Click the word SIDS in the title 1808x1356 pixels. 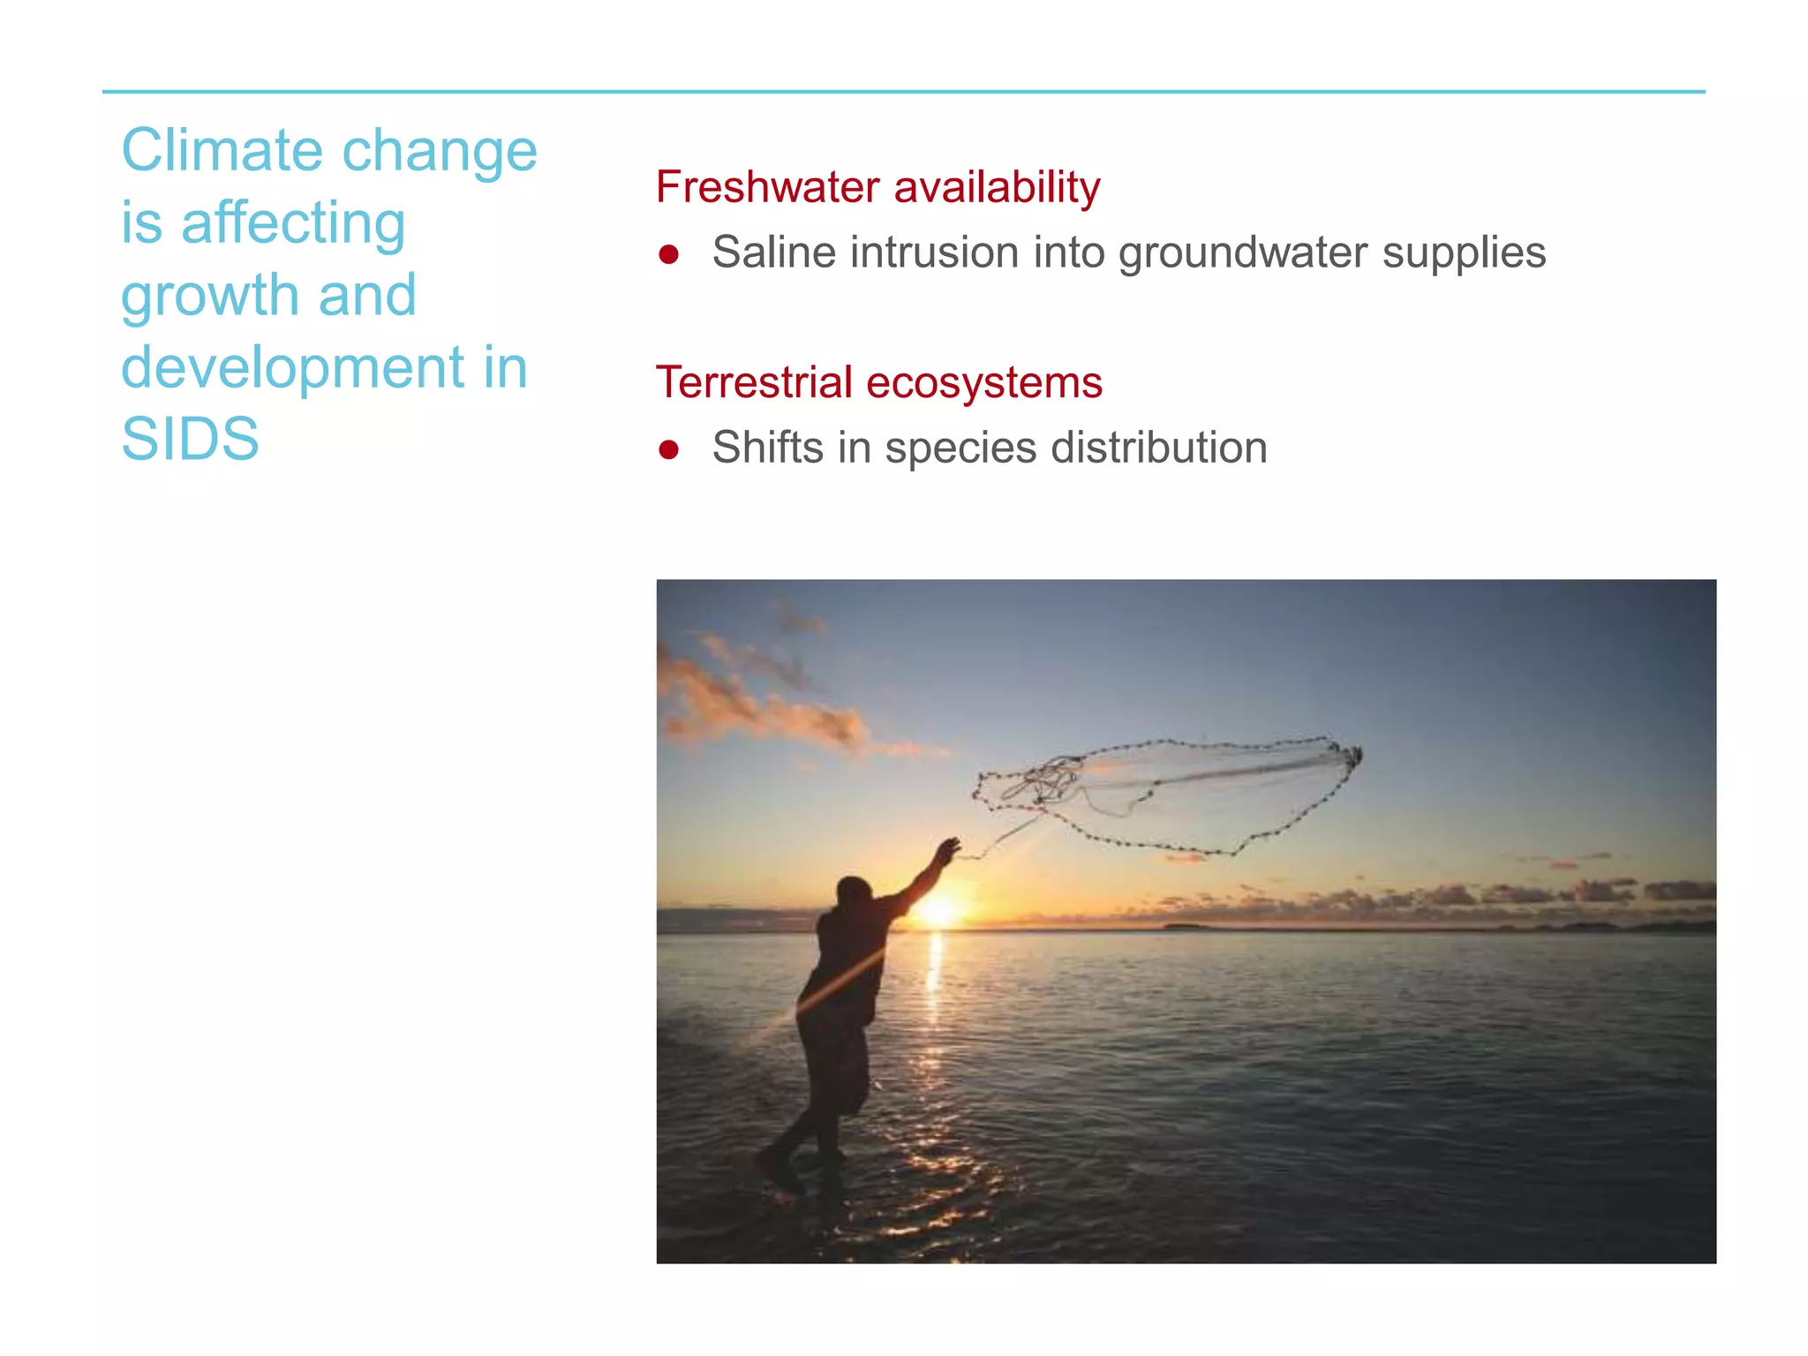click(190, 439)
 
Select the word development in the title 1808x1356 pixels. click(292, 367)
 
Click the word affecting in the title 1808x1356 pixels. click(292, 222)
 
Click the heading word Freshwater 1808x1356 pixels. click(767, 187)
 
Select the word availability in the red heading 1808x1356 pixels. click(997, 187)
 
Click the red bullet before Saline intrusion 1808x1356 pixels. click(668, 254)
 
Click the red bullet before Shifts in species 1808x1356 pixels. click(668, 449)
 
